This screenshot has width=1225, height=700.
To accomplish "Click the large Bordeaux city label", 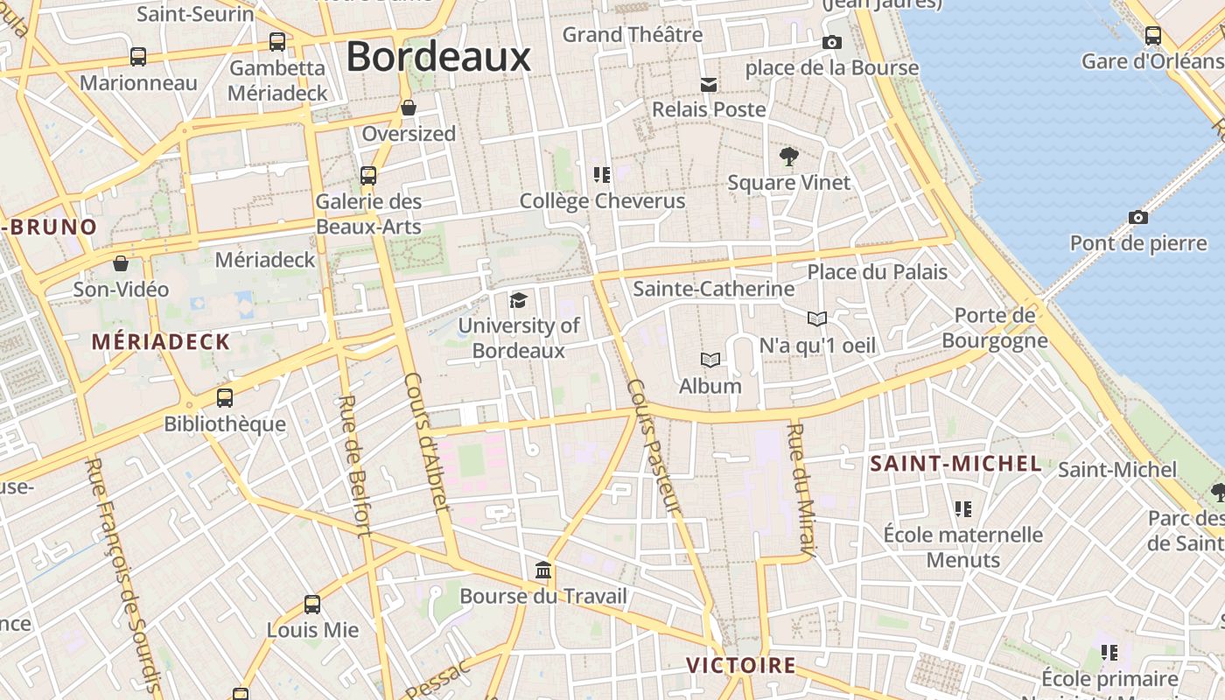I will click(x=438, y=57).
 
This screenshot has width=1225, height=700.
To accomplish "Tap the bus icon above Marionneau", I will click(x=138, y=57).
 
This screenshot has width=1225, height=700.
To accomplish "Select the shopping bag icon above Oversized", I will click(x=408, y=108).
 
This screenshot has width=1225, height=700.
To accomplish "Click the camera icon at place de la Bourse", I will click(x=832, y=42).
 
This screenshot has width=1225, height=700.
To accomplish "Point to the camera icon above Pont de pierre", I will click(x=1137, y=217).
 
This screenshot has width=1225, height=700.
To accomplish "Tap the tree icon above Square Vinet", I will click(x=788, y=157).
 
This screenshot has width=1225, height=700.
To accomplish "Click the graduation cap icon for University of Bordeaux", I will click(x=518, y=301).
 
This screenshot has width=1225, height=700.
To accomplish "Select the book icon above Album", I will click(x=710, y=360).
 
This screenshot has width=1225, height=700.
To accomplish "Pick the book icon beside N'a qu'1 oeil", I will click(x=816, y=319).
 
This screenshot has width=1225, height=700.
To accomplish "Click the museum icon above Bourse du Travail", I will click(x=543, y=570).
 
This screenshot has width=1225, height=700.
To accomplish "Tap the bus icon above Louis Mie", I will click(x=312, y=604).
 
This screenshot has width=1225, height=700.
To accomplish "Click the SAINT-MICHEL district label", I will click(x=955, y=464).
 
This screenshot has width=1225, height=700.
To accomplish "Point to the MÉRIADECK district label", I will click(x=160, y=342).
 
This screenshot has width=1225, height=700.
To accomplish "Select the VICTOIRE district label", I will click(x=740, y=665).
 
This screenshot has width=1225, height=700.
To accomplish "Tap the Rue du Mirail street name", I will click(x=801, y=490).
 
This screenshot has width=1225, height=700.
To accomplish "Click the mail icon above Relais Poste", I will click(x=709, y=84).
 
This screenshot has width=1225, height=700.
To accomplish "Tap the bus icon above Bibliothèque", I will click(x=225, y=398).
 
